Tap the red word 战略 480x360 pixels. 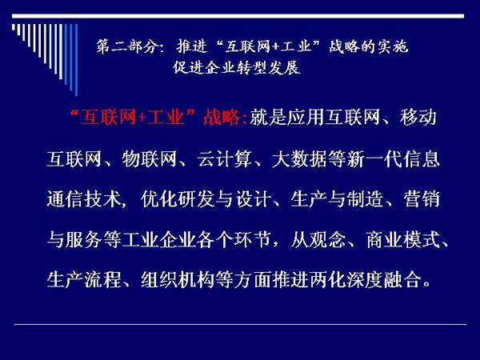222,118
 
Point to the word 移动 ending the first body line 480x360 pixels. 418,118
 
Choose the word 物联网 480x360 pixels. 150,159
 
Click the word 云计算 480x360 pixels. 224,159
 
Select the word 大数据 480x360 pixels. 299,159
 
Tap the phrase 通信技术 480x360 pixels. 84,199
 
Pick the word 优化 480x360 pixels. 159,199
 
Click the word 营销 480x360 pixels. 422,199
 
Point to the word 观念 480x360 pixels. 327,240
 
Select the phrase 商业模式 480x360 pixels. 403,240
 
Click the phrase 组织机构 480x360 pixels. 178,280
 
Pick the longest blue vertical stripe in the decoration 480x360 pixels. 76,60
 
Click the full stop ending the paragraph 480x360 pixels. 426,285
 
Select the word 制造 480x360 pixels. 366,199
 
